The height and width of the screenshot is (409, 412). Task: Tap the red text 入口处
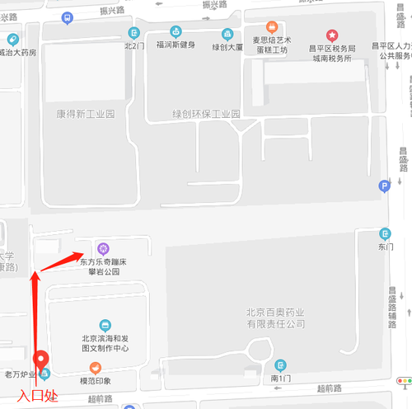(x=38, y=397)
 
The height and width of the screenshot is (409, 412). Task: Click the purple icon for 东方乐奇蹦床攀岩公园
(x=103, y=247)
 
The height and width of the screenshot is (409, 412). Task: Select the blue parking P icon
(x=383, y=187)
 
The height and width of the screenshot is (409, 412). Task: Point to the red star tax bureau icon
(x=331, y=35)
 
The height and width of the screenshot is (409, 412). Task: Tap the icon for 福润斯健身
(x=176, y=32)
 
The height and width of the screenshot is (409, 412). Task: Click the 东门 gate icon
(x=386, y=234)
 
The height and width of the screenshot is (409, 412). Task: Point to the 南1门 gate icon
(x=281, y=364)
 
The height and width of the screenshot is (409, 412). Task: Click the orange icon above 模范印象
(x=96, y=368)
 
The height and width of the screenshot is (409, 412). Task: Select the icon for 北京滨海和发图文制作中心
(x=105, y=325)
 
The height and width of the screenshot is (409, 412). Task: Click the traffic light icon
(x=405, y=381)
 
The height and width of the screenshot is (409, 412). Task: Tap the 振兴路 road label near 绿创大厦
(x=215, y=6)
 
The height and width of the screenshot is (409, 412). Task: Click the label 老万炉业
(x=21, y=375)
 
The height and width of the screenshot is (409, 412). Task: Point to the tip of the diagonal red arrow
(x=82, y=252)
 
